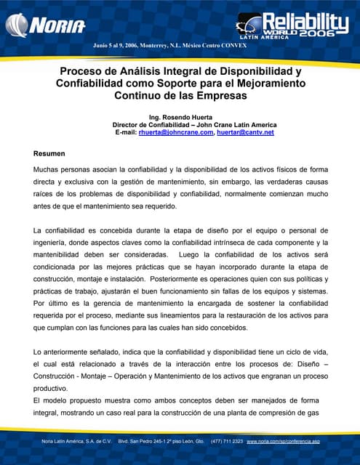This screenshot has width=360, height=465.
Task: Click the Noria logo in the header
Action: tap(45, 26)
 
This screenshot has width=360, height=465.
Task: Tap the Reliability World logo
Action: tap(296, 26)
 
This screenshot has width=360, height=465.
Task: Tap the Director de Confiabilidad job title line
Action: tap(179, 125)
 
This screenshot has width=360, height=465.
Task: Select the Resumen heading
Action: tap(49, 154)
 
